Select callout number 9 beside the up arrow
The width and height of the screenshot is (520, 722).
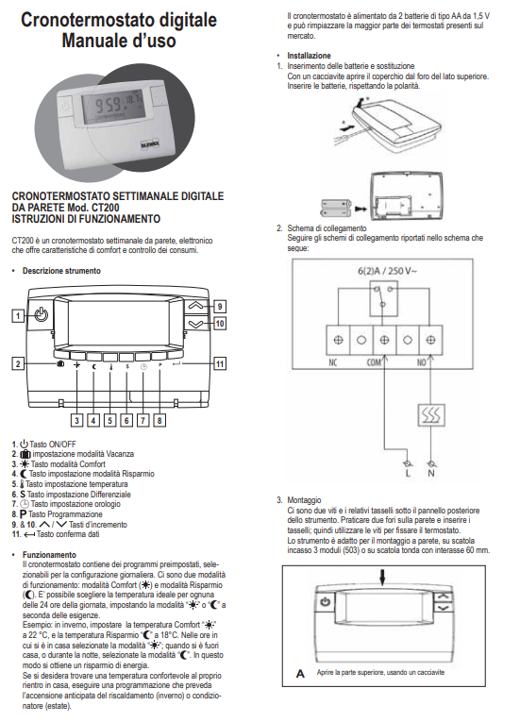tap(219, 306)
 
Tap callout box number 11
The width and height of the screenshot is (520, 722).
tap(219, 363)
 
